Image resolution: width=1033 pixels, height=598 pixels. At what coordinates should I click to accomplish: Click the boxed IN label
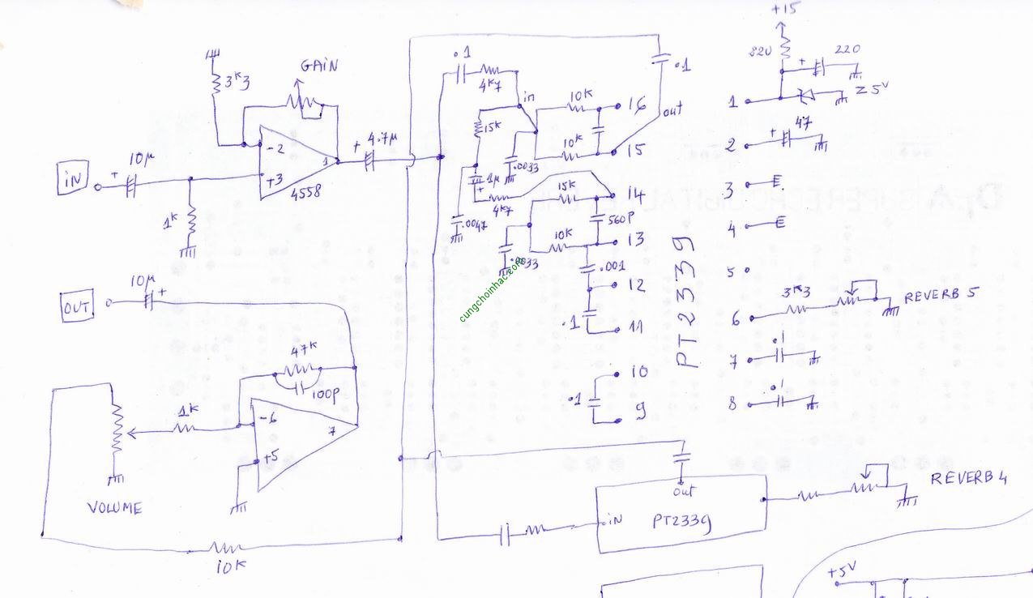[73, 180]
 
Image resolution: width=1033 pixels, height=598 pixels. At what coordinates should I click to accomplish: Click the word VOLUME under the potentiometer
[114, 508]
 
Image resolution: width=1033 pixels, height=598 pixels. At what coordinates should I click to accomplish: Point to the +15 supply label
[784, 9]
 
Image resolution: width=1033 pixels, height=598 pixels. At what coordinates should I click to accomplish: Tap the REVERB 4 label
[968, 478]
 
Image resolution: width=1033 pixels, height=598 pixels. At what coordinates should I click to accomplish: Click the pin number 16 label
[636, 105]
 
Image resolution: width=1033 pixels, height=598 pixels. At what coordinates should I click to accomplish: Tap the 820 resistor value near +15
[760, 51]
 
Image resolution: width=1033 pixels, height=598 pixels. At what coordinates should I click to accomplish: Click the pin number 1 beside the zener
[732, 102]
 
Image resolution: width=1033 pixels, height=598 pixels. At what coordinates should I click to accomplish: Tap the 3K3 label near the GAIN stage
[238, 81]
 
